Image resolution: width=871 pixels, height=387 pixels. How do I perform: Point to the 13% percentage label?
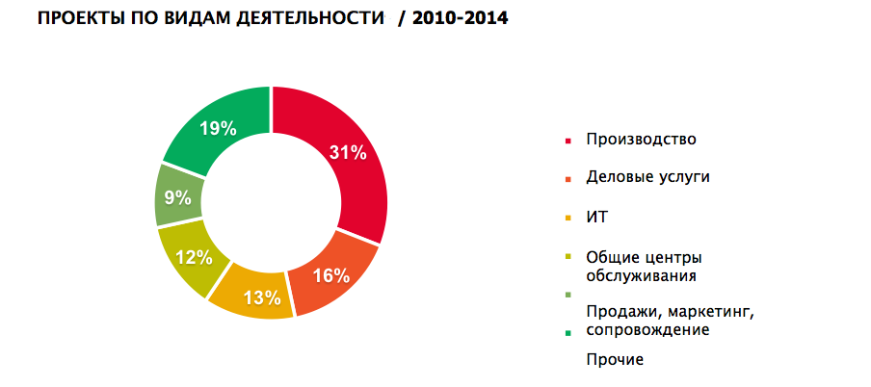261,296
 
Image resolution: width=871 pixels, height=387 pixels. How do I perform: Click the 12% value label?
192,257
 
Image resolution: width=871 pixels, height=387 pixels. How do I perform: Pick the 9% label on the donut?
176,199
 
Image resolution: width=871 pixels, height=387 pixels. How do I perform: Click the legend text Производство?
641,139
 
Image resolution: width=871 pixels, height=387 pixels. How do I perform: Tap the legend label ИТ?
596,218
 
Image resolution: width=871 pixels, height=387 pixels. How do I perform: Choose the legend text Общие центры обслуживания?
644,266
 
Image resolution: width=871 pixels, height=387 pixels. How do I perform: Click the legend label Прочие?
614,360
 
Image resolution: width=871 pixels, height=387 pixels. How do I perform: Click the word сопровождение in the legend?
647,329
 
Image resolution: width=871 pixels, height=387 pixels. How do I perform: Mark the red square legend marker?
568,141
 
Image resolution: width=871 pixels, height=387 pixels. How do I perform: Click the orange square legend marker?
568,179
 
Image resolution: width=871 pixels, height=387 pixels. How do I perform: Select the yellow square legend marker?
568,219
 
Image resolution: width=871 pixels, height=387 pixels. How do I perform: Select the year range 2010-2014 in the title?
459,18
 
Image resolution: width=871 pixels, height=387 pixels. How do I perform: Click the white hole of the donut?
271,201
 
